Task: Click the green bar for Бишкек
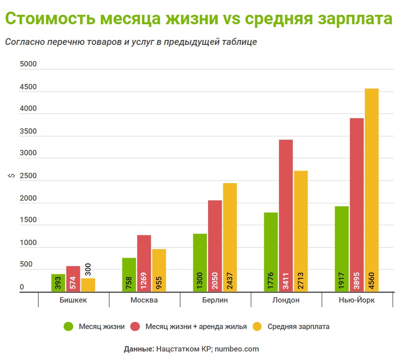[x=58, y=283]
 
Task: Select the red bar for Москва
[x=144, y=263]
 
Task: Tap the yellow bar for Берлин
[x=230, y=237]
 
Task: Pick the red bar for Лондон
[x=286, y=215]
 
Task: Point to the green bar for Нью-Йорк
[x=342, y=249]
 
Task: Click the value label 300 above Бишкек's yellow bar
[x=88, y=270]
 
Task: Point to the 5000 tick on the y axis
[x=28, y=65]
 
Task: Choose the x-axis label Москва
[x=144, y=300]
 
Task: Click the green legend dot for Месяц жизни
[x=68, y=326]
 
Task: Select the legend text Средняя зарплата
[x=298, y=326]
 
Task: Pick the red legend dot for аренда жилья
[x=135, y=326]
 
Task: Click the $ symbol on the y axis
[x=10, y=178]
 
